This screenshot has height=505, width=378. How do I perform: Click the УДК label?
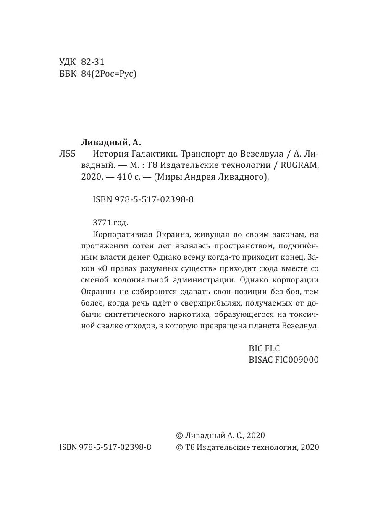[x=68, y=62]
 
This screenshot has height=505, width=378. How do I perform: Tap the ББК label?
[x=68, y=74]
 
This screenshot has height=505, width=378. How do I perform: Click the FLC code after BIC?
[x=271, y=348]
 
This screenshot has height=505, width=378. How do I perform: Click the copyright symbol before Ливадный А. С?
[x=178, y=436]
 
